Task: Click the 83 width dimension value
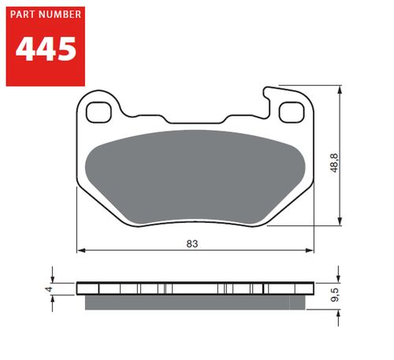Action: coord(191,243)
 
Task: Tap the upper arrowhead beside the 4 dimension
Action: coord(54,279)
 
